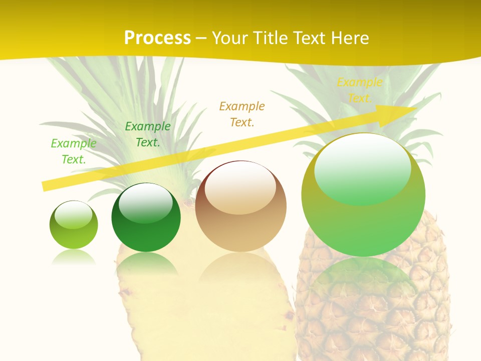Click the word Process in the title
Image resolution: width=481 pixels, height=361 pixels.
[157, 38]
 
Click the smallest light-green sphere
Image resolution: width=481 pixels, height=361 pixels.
[74, 226]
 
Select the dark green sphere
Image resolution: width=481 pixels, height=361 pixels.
[146, 221]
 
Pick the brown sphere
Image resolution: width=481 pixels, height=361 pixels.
[241, 211]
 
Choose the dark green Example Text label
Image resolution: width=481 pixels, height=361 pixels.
[148, 134]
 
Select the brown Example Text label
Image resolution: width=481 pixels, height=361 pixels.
[242, 114]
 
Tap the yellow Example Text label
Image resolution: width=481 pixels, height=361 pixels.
[359, 90]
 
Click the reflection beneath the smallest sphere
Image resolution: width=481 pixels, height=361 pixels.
[74, 258]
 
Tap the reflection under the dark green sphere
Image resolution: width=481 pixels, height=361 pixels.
[146, 263]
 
